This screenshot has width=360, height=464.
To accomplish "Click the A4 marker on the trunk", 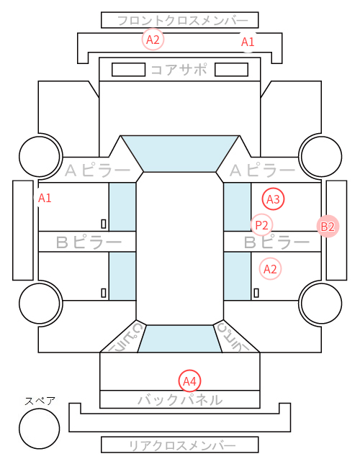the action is [189, 381].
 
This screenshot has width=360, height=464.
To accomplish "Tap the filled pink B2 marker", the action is [328, 227].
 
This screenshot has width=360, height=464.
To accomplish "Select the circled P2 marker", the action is [261, 225].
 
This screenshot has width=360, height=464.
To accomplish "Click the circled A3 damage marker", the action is [273, 199].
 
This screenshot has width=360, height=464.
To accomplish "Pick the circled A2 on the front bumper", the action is [153, 40].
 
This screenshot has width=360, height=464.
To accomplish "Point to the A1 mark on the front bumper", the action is [248, 42].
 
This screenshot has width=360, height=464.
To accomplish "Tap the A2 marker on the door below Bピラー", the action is [270, 269].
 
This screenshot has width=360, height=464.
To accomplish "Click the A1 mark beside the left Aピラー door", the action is [45, 198].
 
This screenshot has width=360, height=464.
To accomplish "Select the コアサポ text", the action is [179, 70].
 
